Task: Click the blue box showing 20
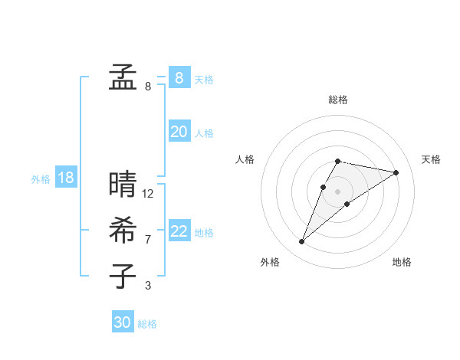179,132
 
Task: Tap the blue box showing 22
179,231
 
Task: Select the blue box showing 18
65,178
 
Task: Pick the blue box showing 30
123,322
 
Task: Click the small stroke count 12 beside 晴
148,194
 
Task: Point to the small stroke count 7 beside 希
148,240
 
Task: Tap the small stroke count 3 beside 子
148,286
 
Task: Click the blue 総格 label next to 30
147,324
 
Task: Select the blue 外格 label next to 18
41,179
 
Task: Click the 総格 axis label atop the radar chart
337,100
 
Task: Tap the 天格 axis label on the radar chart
431,159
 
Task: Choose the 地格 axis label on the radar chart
402,262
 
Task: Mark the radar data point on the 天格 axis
396,172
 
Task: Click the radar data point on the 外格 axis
301,242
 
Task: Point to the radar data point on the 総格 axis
337,161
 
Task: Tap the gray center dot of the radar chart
337,191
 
